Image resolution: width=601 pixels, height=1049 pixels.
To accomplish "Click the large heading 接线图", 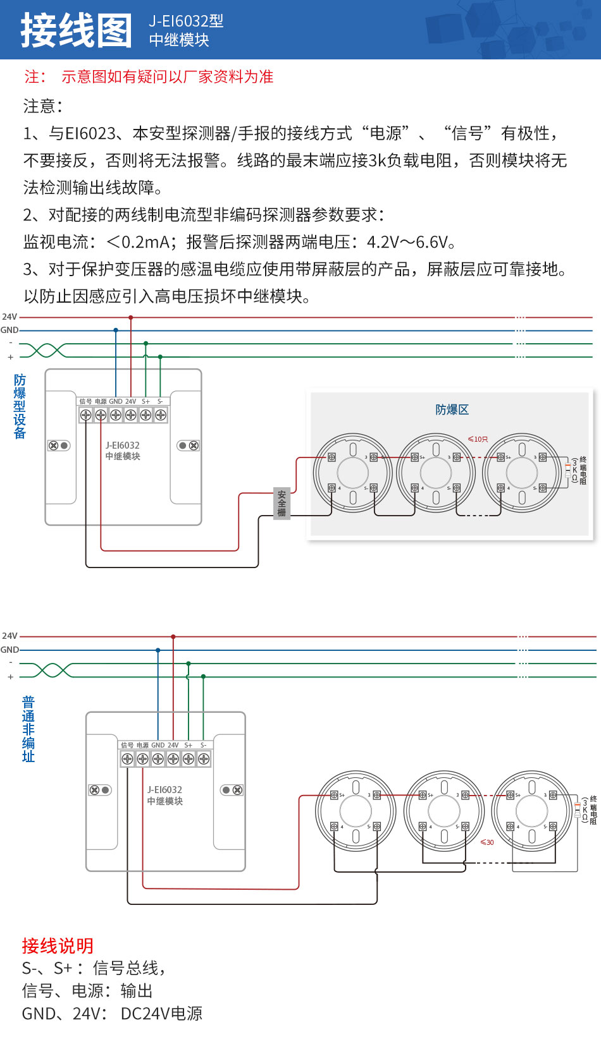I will point(76,30).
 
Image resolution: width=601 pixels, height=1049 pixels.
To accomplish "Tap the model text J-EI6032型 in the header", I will point(186,21).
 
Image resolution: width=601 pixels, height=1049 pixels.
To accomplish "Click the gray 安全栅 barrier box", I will point(282,504).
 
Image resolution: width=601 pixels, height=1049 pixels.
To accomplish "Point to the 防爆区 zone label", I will point(452,409).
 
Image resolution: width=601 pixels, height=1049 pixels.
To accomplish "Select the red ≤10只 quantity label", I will point(478,439).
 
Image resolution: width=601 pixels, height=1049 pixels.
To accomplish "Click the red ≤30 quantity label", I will point(487,842).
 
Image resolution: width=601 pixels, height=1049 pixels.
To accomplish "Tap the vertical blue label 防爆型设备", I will point(20,406).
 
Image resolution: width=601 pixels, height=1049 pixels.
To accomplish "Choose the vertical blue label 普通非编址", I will point(28,729).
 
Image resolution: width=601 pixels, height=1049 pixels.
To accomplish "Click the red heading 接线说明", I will point(58,945).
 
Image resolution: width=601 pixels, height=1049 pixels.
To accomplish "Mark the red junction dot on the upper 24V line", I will point(131,317).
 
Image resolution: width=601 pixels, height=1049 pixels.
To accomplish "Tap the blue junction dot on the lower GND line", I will point(158,650).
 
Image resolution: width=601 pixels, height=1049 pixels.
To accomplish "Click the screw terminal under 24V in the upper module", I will point(131,415).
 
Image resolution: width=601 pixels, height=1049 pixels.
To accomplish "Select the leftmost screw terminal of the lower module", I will point(127,759).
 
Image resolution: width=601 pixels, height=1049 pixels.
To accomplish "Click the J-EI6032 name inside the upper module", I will point(123,445).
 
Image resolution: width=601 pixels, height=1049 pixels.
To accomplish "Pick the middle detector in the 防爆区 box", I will point(436,472).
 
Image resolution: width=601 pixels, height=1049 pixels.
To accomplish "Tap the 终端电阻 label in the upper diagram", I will point(583,470).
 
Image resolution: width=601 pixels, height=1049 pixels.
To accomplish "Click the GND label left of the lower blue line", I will point(9,650).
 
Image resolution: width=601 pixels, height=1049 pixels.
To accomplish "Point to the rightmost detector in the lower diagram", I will point(531,811).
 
